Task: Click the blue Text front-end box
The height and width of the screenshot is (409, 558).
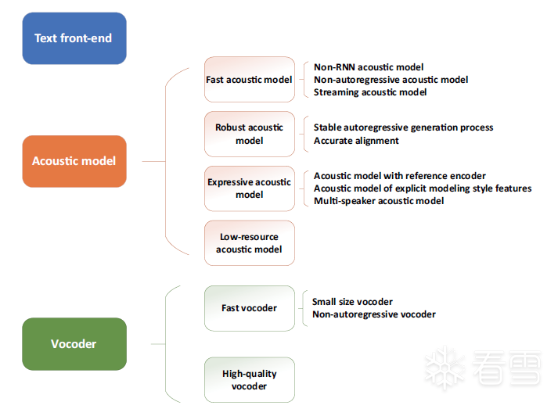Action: point(74,38)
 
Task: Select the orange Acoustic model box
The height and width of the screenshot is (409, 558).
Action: point(74,161)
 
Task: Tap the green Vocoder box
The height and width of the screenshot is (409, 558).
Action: point(74,344)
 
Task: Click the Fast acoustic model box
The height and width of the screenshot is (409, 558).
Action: point(249,79)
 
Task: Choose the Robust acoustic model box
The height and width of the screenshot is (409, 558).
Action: point(249,134)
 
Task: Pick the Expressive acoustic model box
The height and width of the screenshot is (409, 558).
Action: point(249,188)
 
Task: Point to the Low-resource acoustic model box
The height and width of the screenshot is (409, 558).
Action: point(249,243)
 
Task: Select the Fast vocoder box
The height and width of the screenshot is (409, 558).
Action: point(249,308)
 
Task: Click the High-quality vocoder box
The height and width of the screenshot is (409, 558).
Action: point(249,380)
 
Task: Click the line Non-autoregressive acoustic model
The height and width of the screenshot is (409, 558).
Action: point(391,80)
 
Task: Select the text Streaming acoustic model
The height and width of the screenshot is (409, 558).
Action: point(370,92)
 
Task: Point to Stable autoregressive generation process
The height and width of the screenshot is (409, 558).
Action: point(403,127)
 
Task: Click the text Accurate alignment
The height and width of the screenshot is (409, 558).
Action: point(356,141)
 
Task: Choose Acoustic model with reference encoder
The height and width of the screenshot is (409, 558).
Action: point(400,176)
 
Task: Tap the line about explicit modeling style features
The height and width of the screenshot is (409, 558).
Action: point(423,188)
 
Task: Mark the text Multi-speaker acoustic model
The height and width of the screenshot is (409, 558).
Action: point(379,201)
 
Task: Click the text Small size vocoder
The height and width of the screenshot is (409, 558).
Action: point(352,302)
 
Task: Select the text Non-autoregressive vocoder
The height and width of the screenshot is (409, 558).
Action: point(373,314)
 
